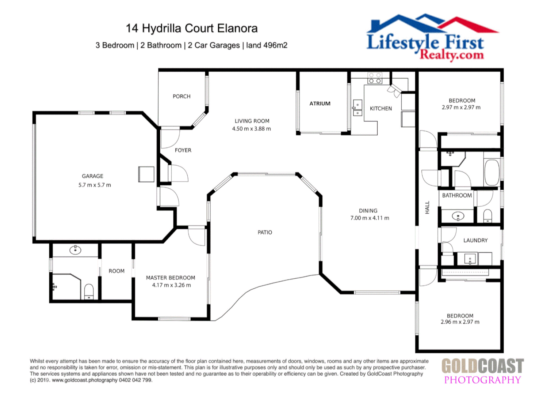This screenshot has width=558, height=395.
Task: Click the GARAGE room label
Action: tap(92, 176)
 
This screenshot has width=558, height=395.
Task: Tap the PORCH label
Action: tap(181, 97)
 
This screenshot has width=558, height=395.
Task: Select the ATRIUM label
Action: tap(320, 104)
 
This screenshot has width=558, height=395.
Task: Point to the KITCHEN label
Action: tap(381, 109)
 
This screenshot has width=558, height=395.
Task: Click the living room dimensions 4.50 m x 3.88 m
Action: tap(251, 129)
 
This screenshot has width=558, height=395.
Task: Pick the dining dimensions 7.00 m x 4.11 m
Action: tap(370, 218)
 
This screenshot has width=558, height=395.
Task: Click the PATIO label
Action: tap(265, 232)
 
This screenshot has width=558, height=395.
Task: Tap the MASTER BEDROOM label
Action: tap(171, 278)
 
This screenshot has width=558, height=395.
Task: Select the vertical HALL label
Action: tap(427, 207)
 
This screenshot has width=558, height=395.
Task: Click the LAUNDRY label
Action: tap(475, 240)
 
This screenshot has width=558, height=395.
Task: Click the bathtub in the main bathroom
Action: tap(492, 173)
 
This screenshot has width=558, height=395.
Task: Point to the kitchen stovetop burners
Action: tap(375, 78)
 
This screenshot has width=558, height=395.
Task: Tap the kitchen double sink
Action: tap(357, 108)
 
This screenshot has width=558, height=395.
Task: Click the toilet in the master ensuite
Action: tap(89, 291)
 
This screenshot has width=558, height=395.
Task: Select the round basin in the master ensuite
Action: tap(75, 250)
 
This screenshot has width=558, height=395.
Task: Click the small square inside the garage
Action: tap(146, 174)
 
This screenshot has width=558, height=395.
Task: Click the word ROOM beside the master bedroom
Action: tap(116, 271)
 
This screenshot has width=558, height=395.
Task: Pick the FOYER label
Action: tap(183, 150)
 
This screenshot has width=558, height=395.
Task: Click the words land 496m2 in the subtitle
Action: tap(267, 45)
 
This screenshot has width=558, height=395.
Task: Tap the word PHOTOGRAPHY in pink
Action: tap(482, 380)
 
